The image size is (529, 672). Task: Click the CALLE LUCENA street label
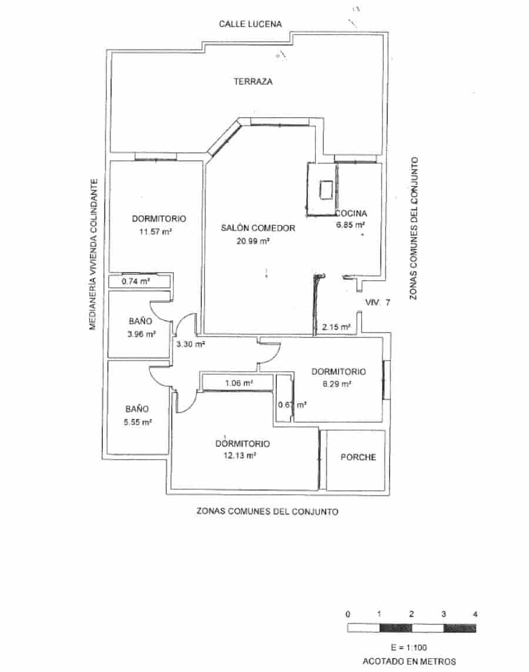[x=250, y=24]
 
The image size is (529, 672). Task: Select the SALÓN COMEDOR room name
[x=257, y=228]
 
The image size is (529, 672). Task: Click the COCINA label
[x=351, y=214]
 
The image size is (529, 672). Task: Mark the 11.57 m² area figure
[x=155, y=231]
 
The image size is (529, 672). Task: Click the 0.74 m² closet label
[x=135, y=281]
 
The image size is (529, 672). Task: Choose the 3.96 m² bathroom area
[x=141, y=334]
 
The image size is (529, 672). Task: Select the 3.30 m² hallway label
[x=190, y=344]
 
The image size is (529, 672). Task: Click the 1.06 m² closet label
[x=239, y=383]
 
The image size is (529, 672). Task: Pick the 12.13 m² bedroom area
[x=242, y=455]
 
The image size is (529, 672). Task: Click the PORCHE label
[x=358, y=457]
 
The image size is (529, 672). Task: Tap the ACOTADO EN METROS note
[x=409, y=661]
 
